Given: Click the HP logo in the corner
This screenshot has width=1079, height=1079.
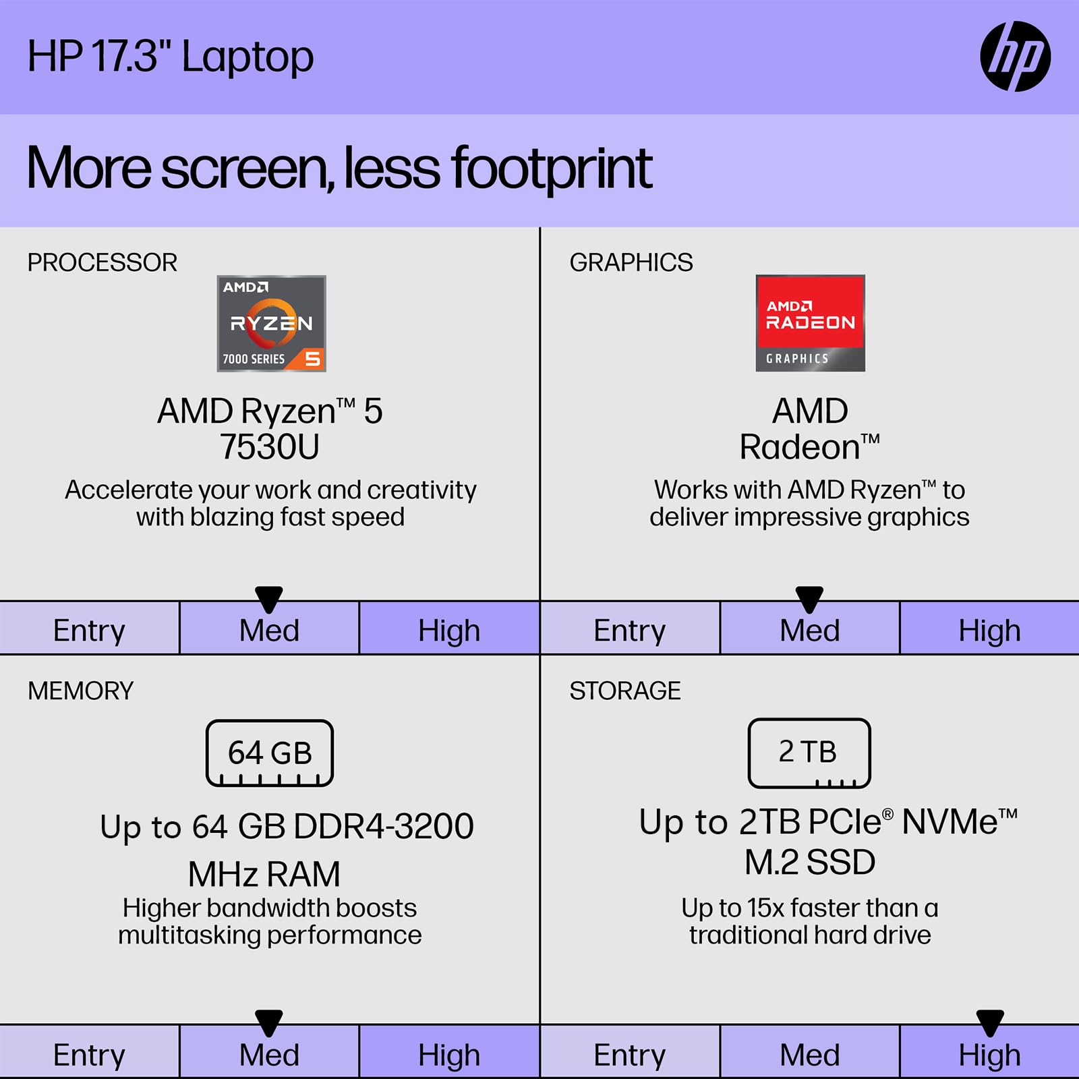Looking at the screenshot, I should click(x=1015, y=57).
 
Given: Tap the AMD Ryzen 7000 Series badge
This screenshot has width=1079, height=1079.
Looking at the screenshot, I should click(x=271, y=323).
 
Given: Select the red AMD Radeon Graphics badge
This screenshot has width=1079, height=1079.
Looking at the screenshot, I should click(x=810, y=323).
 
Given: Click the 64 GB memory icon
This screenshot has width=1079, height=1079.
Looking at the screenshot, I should click(x=270, y=753).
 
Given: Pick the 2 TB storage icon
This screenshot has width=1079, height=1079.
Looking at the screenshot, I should click(x=809, y=753).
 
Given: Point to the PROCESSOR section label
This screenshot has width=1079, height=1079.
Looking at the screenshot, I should click(x=102, y=262).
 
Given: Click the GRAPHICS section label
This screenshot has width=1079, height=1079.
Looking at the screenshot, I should click(x=631, y=262).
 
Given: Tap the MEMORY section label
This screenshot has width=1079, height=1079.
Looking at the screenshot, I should click(x=80, y=691).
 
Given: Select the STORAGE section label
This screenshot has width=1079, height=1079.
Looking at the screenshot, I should click(x=624, y=691).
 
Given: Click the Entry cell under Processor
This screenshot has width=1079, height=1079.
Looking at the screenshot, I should click(x=89, y=631).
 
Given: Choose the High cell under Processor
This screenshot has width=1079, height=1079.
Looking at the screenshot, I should click(x=449, y=631).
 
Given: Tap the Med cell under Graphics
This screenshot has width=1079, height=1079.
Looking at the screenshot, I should click(x=809, y=631).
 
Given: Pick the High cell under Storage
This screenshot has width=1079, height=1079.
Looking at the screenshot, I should click(x=989, y=1055).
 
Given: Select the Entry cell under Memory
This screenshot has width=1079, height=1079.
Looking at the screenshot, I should click(x=89, y=1055).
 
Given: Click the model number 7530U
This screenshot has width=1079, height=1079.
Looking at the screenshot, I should click(x=270, y=446).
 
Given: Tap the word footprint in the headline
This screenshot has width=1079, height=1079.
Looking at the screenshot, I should click(x=551, y=169).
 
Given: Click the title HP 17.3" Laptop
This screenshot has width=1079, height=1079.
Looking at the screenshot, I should click(x=170, y=57).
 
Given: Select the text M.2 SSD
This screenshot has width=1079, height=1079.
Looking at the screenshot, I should click(x=809, y=862).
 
